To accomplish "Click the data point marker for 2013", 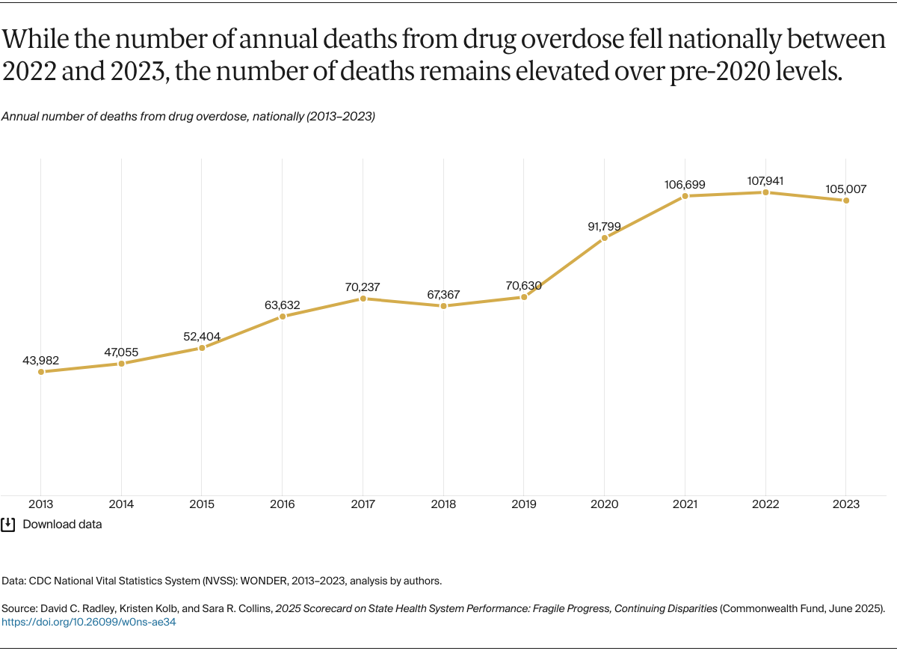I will [x=40, y=371].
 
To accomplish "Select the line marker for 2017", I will [x=363, y=298].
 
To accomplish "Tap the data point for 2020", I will [x=604, y=238].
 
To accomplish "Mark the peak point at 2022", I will [x=765, y=192].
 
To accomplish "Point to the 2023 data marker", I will [x=846, y=201].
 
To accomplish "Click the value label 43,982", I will [x=40, y=360].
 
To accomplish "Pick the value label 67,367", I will [x=443, y=293].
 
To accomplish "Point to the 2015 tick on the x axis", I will [x=202, y=505].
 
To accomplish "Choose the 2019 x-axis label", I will [x=524, y=505].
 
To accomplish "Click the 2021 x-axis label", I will [x=685, y=505].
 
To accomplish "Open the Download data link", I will [x=62, y=525].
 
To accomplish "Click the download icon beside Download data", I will [x=8, y=524].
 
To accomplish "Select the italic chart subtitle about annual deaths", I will [x=188, y=117].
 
